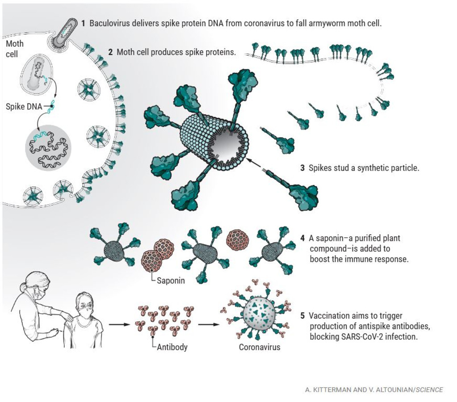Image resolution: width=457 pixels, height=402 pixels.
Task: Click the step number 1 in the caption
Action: pos(83,23)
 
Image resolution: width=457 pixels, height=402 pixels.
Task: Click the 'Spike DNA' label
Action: pos(24,107)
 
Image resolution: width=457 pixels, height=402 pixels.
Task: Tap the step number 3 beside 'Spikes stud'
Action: pos(303,168)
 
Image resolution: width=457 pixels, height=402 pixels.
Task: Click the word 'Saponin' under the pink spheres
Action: pos(170,281)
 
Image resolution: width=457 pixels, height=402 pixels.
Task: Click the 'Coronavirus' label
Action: pos(259,347)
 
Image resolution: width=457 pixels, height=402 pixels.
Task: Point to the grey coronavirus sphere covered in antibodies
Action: pos(259,313)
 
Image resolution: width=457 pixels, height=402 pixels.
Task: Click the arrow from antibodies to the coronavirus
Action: pos(208,324)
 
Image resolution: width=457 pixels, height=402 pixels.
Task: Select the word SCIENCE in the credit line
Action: pos(429,390)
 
